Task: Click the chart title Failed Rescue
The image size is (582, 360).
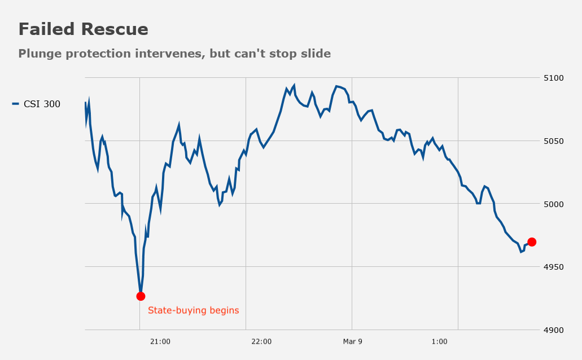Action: [83, 29]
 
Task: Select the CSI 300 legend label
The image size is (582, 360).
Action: [42, 104]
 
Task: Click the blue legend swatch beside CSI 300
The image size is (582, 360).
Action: [16, 104]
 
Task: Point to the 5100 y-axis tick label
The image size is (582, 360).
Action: [553, 78]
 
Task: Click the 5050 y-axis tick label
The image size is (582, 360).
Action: [553, 141]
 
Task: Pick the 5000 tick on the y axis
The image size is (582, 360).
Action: [553, 204]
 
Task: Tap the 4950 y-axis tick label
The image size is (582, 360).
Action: [553, 267]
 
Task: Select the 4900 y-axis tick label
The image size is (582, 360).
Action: [553, 330]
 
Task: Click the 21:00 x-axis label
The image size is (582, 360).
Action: [160, 341]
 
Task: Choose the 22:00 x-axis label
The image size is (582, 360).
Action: [261, 341]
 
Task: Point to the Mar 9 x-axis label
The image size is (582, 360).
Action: [353, 341]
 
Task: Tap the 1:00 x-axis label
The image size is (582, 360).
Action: [440, 341]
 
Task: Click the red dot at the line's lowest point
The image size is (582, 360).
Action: [141, 296]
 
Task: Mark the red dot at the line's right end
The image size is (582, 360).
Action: [532, 242]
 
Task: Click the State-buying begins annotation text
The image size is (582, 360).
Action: [194, 310]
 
